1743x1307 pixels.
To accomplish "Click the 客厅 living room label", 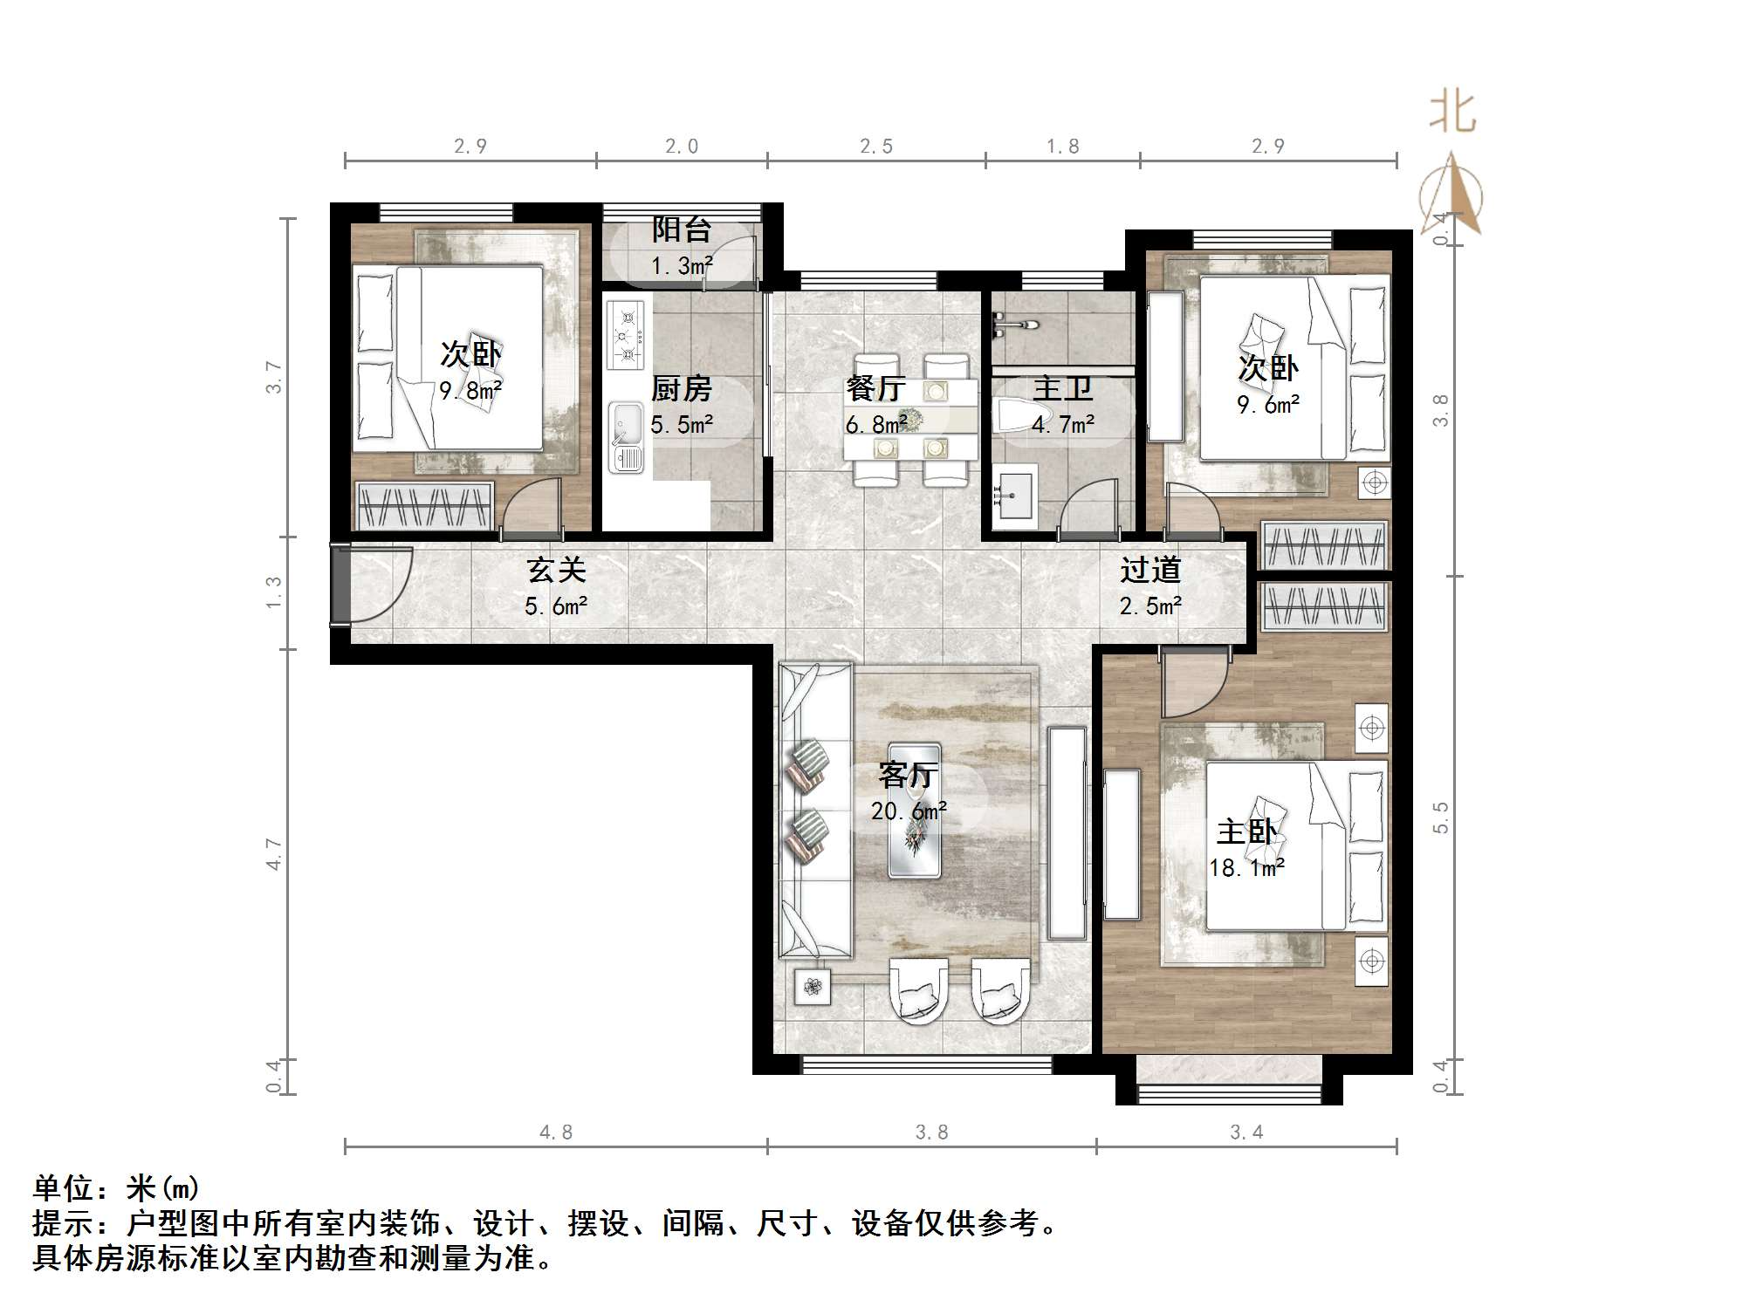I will coord(908,775).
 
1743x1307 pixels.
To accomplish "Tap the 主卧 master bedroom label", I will coord(1246,831).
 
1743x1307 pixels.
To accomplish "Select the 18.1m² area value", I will coord(1246,868).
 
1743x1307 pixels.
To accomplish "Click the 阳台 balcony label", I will coord(681,230).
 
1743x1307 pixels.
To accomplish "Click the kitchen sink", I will coord(625,436).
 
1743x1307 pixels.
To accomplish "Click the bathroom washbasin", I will coord(1013,494).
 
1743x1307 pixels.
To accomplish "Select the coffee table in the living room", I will coord(914,810).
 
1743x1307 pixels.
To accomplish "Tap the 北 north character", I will coord(1451,113).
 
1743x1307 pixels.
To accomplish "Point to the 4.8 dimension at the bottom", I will coord(556,1133).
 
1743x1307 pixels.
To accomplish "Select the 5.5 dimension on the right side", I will coord(1440,818).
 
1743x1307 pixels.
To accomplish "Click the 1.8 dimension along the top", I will coord(1062,147).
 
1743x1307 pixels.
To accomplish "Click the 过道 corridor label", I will coord(1150,571).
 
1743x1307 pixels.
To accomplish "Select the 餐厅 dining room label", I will coord(875,388).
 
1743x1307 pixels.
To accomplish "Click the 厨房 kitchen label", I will coord(681,388).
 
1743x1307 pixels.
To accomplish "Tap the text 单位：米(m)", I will coord(116,1188).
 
